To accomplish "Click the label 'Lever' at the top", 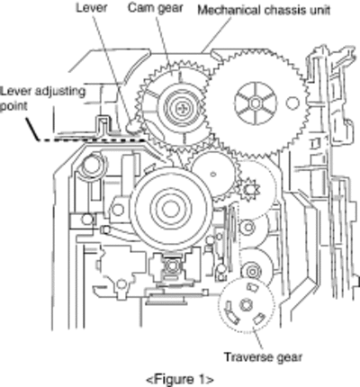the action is [x=92, y=7].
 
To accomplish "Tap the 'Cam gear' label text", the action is [x=155, y=8].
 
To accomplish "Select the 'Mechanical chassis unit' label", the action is [x=264, y=10].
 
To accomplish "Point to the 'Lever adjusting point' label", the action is [x=43, y=98].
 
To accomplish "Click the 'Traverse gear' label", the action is [x=263, y=357].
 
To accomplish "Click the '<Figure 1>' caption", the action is [x=180, y=379].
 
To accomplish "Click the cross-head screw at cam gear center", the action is [x=181, y=108].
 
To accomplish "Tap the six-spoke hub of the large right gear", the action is [x=256, y=103].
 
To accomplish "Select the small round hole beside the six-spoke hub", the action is [x=292, y=103].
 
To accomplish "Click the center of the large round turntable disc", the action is [x=170, y=208].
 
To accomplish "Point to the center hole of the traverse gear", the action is [x=246, y=305].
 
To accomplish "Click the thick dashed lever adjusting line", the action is [x=91, y=139].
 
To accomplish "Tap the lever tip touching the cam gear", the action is [x=133, y=126].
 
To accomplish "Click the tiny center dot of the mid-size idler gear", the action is [x=213, y=174].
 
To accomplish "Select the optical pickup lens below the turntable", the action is [x=171, y=266].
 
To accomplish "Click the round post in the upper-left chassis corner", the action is [x=91, y=165].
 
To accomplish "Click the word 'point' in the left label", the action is [x=13, y=106].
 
